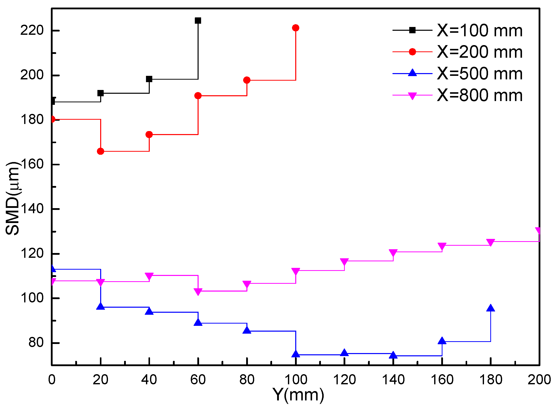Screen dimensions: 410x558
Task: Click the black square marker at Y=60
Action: coord(198,21)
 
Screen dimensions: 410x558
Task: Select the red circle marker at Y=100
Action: coord(295,28)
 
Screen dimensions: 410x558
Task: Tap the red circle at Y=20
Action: coord(100,151)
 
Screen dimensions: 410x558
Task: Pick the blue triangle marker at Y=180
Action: coord(491,308)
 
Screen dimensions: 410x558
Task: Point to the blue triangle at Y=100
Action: coord(295,354)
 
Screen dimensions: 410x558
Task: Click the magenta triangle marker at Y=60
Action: coord(198,292)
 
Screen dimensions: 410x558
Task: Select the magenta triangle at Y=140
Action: coord(393,253)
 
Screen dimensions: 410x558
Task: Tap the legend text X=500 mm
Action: coord(480,74)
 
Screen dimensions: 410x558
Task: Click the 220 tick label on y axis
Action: coord(32,30)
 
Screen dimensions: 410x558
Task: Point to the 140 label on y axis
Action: coord(32,209)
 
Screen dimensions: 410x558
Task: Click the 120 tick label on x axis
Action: coord(344,380)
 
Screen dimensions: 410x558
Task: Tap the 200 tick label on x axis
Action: coord(539,380)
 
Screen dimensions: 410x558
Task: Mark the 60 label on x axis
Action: coord(198,380)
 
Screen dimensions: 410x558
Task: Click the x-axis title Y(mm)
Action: coord(298,395)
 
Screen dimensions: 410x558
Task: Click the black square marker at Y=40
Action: coord(149,79)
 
